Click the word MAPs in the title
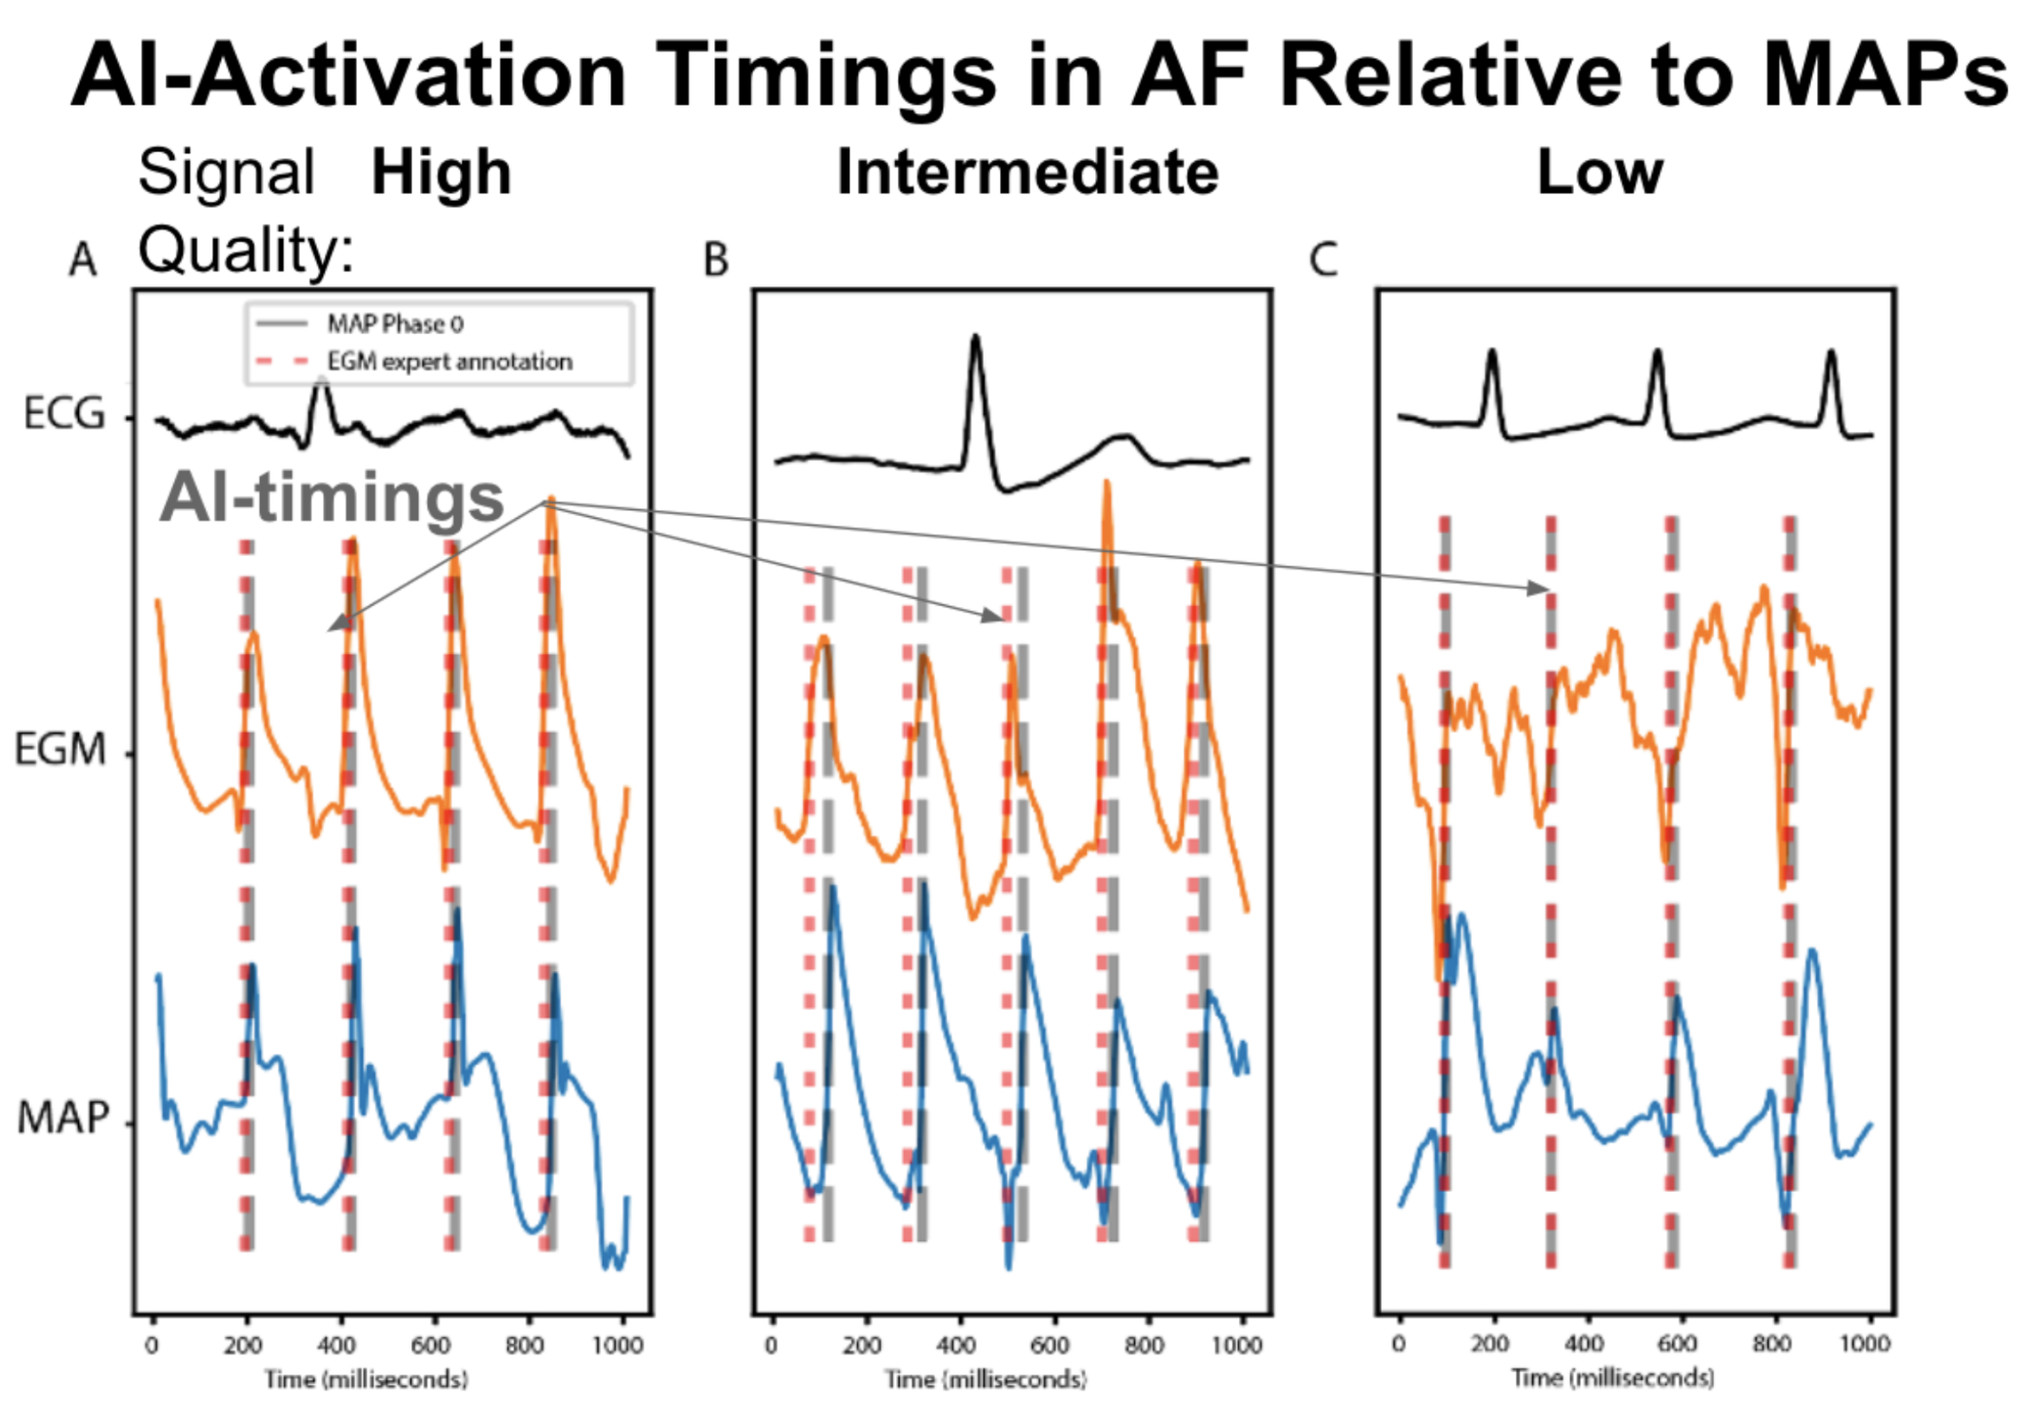[1884, 76]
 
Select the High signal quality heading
[441, 173]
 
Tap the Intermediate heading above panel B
[1027, 173]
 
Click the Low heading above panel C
[1600, 173]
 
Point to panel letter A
[83, 260]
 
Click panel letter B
[716, 260]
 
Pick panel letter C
[1324, 260]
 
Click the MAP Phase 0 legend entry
[394, 325]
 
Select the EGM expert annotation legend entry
[449, 362]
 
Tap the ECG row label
[64, 414]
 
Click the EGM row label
[60, 750]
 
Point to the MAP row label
[64, 1118]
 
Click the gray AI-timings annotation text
[331, 498]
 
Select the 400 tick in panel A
[336, 1345]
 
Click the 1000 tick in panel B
[1236, 1345]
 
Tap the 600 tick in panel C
[1677, 1343]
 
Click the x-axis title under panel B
[986, 1379]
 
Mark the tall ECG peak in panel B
[975, 339]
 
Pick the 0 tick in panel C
[1398, 1343]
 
